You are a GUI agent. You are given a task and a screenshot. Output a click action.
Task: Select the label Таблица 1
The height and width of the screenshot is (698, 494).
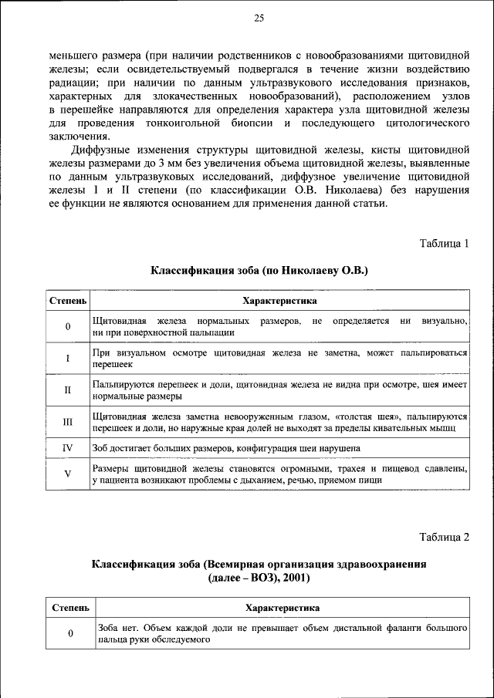coord(445,244)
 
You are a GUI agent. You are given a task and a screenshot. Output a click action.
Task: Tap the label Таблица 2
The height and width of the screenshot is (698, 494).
coord(445,536)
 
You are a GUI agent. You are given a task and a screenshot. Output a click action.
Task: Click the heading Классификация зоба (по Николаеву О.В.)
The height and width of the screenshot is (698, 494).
coord(259,271)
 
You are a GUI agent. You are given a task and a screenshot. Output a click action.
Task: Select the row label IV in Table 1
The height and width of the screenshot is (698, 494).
coord(68,447)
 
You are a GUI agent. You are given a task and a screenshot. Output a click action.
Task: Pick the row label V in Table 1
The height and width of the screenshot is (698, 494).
coord(68,474)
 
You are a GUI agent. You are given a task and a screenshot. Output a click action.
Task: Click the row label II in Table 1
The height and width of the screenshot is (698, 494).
coord(68,389)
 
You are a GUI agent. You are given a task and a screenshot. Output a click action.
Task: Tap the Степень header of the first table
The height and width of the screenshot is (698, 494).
coord(68,300)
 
